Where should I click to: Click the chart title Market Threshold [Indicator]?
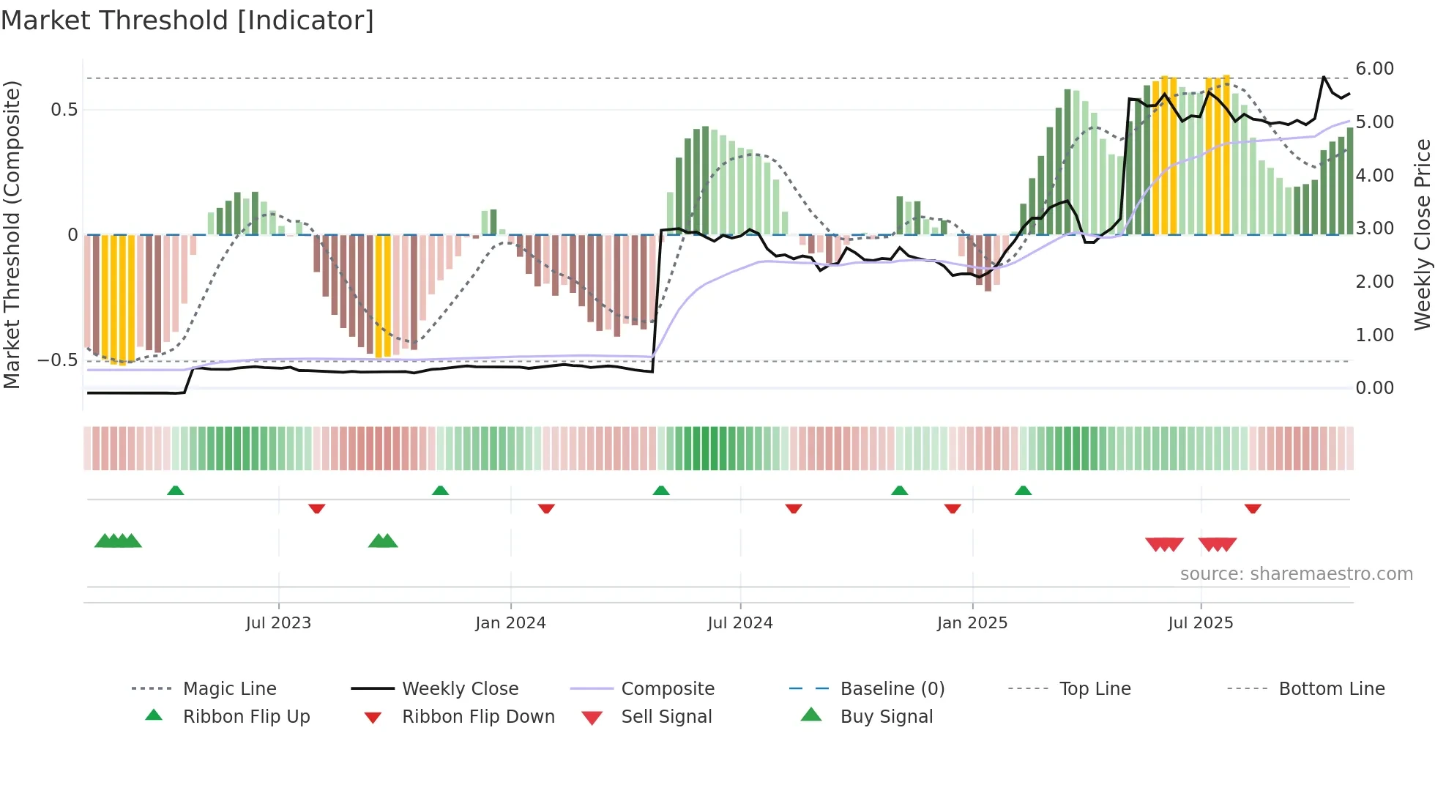[187, 21]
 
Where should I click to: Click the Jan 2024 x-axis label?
[510, 622]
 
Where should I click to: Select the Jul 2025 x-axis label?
[1200, 622]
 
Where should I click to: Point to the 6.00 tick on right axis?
[1374, 69]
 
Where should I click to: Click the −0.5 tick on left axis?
[57, 360]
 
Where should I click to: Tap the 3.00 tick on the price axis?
[1374, 228]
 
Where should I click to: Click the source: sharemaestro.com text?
[1296, 574]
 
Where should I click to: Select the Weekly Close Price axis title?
[1422, 234]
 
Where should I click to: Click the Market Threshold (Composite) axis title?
[12, 234]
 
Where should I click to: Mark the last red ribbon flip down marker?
[1253, 508]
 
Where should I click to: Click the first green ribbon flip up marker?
[175, 491]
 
